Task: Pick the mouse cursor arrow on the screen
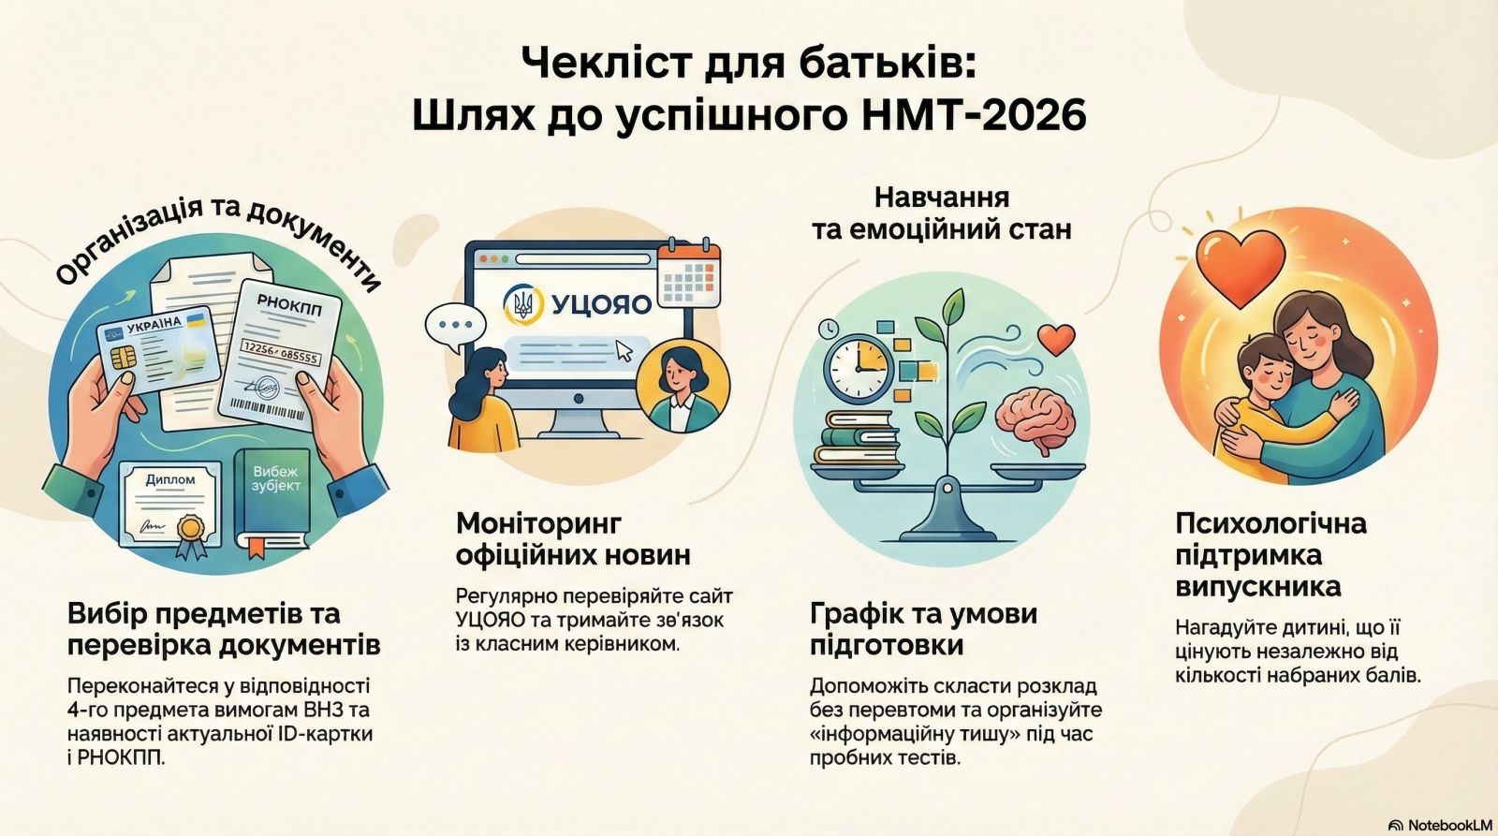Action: pyautogui.click(x=624, y=350)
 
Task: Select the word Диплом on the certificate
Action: pyautogui.click(x=169, y=479)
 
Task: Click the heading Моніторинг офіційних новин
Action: pyautogui.click(x=573, y=539)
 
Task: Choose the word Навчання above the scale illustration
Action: pyautogui.click(x=942, y=198)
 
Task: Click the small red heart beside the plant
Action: pyautogui.click(x=1056, y=339)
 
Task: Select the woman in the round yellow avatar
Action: pyautogui.click(x=683, y=386)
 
